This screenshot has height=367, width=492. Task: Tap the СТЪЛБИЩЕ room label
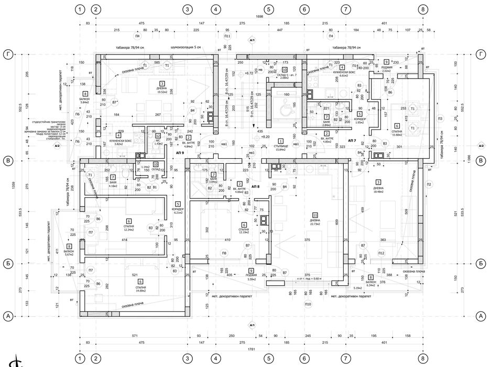coord(281,146)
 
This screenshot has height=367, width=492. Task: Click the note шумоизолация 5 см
coord(186,48)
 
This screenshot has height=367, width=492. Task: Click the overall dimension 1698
coord(259,17)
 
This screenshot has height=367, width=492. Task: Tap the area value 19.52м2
coord(162,91)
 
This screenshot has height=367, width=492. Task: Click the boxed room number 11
coord(315,215)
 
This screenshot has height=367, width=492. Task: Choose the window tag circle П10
coord(308,304)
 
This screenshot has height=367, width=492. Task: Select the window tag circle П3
coord(440,118)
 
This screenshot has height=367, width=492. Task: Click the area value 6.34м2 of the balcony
coord(370,285)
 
